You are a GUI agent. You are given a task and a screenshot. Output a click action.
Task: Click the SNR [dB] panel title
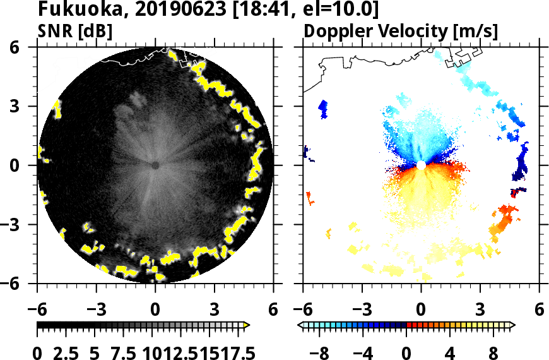pyautogui.click(x=75, y=31)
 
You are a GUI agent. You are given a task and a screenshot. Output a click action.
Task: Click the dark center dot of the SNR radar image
pyautogui.click(x=155, y=165)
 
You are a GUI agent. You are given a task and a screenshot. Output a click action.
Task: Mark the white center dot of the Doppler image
pyautogui.click(x=421, y=165)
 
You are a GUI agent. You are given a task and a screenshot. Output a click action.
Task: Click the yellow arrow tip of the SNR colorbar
pyautogui.click(x=247, y=325)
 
